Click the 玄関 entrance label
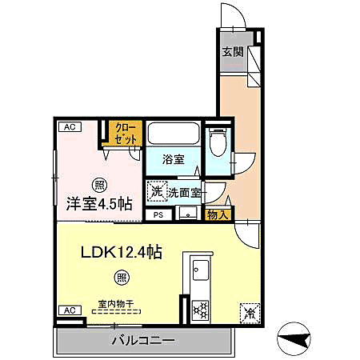click(232, 53)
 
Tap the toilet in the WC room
click(216, 144)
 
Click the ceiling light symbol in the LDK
click(121, 278)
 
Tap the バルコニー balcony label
click(142, 341)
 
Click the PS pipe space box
click(158, 214)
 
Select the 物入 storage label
click(218, 214)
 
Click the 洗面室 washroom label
click(183, 192)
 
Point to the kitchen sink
click(200, 269)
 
